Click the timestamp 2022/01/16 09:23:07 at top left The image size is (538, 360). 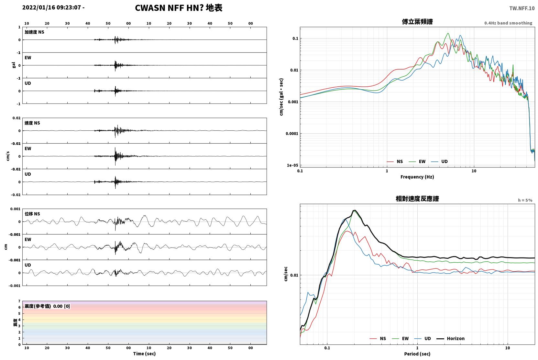(52, 7)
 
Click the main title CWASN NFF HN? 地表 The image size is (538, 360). (179, 8)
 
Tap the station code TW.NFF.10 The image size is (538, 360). (522, 8)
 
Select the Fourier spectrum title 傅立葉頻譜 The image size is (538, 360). (417, 22)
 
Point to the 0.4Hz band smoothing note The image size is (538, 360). (508, 23)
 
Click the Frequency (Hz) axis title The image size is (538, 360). (417, 177)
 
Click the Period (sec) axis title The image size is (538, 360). (417, 354)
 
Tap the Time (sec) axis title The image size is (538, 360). (144, 354)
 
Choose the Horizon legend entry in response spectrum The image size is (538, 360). (450, 338)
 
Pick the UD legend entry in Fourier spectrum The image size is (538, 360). (439, 161)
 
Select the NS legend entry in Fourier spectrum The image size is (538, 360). (395, 161)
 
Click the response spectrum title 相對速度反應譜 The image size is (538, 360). (417, 199)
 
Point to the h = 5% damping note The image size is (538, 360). (525, 200)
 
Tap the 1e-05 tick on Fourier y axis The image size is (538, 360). (292, 165)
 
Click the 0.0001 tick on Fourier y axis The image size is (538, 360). (292, 134)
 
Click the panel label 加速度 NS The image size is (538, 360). (34, 32)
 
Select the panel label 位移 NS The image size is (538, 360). (32, 214)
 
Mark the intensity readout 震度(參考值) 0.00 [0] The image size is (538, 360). (47, 306)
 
